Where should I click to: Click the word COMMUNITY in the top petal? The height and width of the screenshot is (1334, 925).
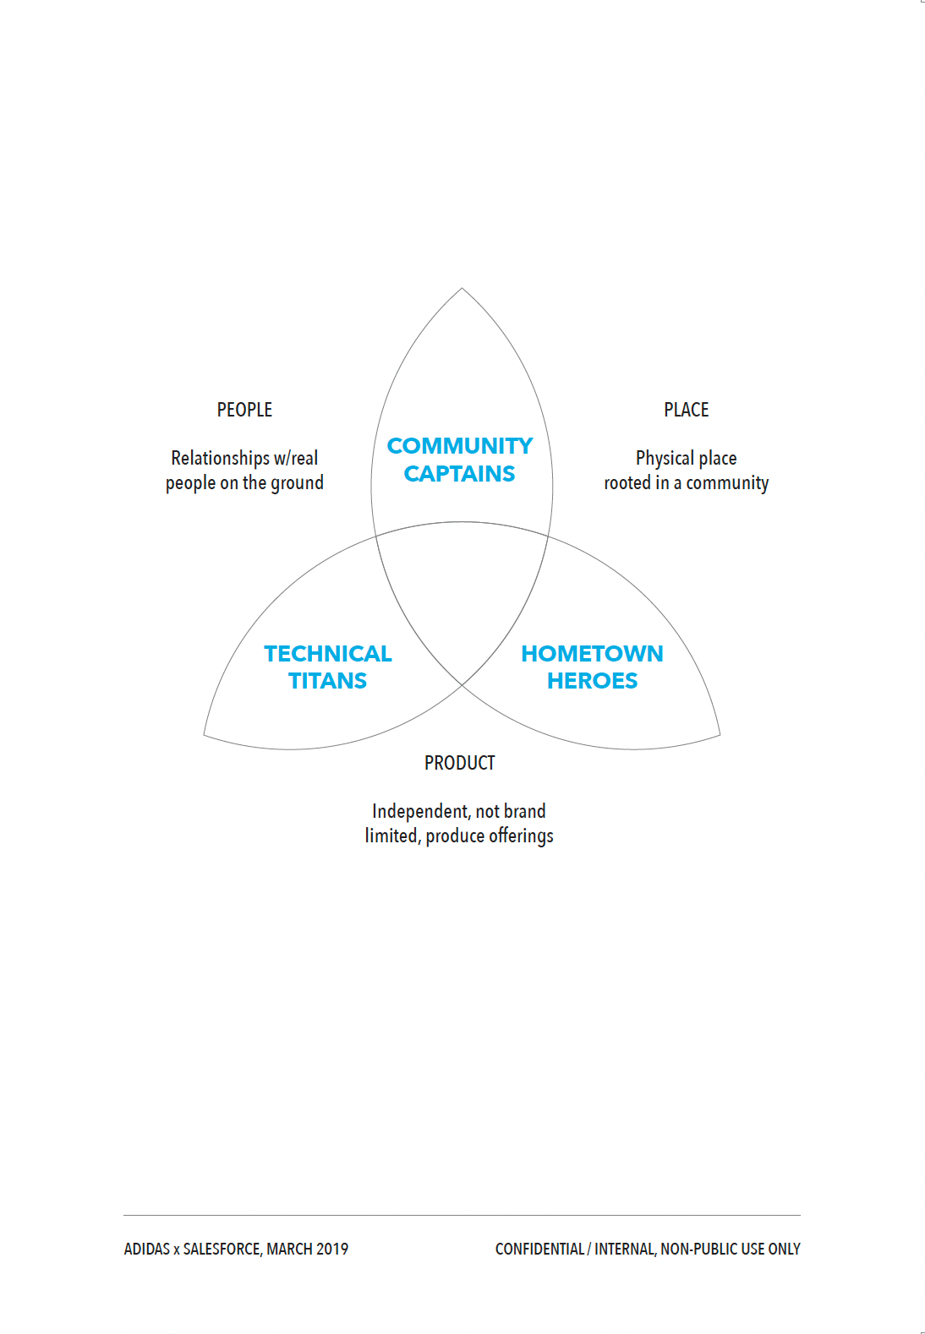coord(460,446)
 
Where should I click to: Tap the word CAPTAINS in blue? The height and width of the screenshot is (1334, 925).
coord(459,474)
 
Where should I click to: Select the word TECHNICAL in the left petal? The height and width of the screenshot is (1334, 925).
coord(328,654)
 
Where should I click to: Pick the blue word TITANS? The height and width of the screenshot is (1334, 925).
coord(327,681)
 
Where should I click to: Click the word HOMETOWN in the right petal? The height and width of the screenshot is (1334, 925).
coord(592,654)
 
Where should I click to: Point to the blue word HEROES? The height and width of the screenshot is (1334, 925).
coord(592,681)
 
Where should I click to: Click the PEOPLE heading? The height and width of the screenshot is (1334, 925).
coord(244,410)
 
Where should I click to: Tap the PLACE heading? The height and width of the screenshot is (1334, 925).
coord(686,410)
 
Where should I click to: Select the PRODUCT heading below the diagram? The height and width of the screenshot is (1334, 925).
coord(459,763)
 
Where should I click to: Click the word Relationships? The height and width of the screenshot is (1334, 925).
coord(220,458)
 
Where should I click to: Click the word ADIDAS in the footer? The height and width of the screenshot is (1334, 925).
coord(146,1250)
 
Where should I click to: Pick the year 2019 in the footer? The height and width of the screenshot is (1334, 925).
coord(332,1250)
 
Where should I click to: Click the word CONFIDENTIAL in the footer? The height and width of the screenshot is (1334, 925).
coord(539,1250)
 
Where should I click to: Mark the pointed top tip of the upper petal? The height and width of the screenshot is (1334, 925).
coord(462,289)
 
